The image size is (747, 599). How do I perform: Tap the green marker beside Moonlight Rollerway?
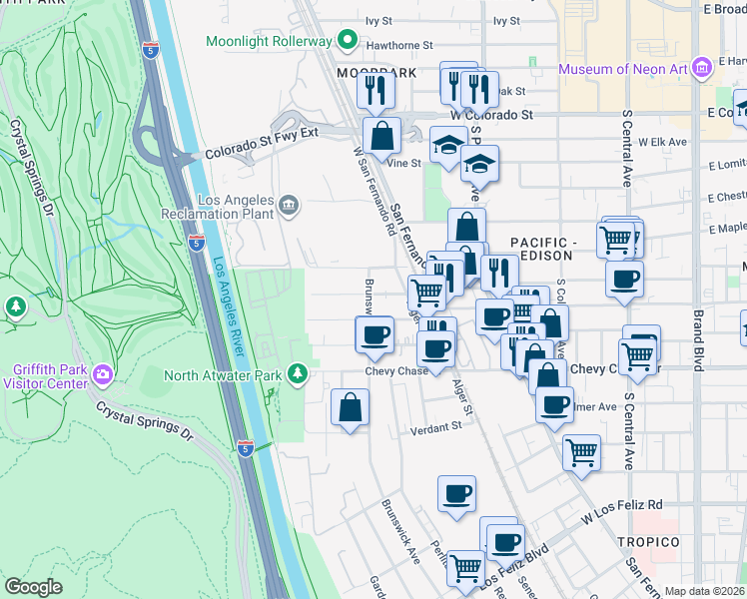click(348, 41)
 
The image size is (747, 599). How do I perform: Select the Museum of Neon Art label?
click(623, 69)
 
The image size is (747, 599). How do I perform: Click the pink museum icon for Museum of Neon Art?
click(702, 68)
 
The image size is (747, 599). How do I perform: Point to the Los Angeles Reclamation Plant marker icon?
click(289, 206)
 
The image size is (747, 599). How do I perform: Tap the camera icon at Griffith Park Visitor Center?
click(103, 375)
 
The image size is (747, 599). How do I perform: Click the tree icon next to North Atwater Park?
click(297, 374)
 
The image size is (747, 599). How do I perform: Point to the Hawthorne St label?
click(398, 45)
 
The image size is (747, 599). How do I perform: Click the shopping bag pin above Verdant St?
click(350, 407)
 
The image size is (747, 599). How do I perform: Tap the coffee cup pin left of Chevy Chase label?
click(374, 334)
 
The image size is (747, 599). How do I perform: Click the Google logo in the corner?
click(33, 587)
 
